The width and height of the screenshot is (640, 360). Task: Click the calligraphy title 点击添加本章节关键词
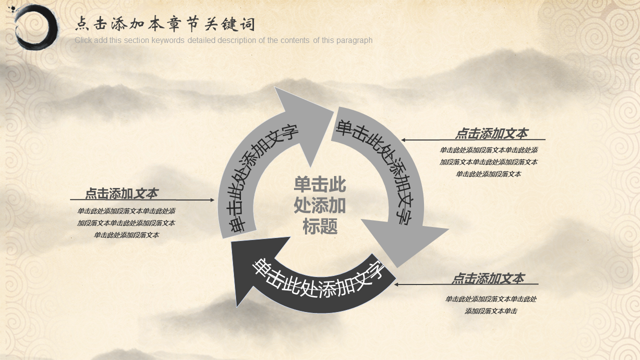point(165,24)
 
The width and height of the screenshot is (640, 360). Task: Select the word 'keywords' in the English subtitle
point(168,40)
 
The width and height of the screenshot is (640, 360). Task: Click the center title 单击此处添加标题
point(319,205)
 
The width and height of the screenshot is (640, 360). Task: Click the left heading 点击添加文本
point(121,193)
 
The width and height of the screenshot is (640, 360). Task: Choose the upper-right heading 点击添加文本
point(491,133)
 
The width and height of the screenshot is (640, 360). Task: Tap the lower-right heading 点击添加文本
point(488,278)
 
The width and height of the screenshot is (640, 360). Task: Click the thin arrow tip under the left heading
point(213,200)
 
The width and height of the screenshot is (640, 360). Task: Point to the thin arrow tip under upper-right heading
point(402,140)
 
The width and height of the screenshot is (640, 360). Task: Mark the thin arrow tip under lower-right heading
point(395,284)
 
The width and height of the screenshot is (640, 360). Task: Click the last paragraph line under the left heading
point(126,235)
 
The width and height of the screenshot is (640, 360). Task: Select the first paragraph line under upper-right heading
point(488,150)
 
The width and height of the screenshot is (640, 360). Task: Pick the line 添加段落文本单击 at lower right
point(491,311)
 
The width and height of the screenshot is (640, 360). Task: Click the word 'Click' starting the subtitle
point(83,40)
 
